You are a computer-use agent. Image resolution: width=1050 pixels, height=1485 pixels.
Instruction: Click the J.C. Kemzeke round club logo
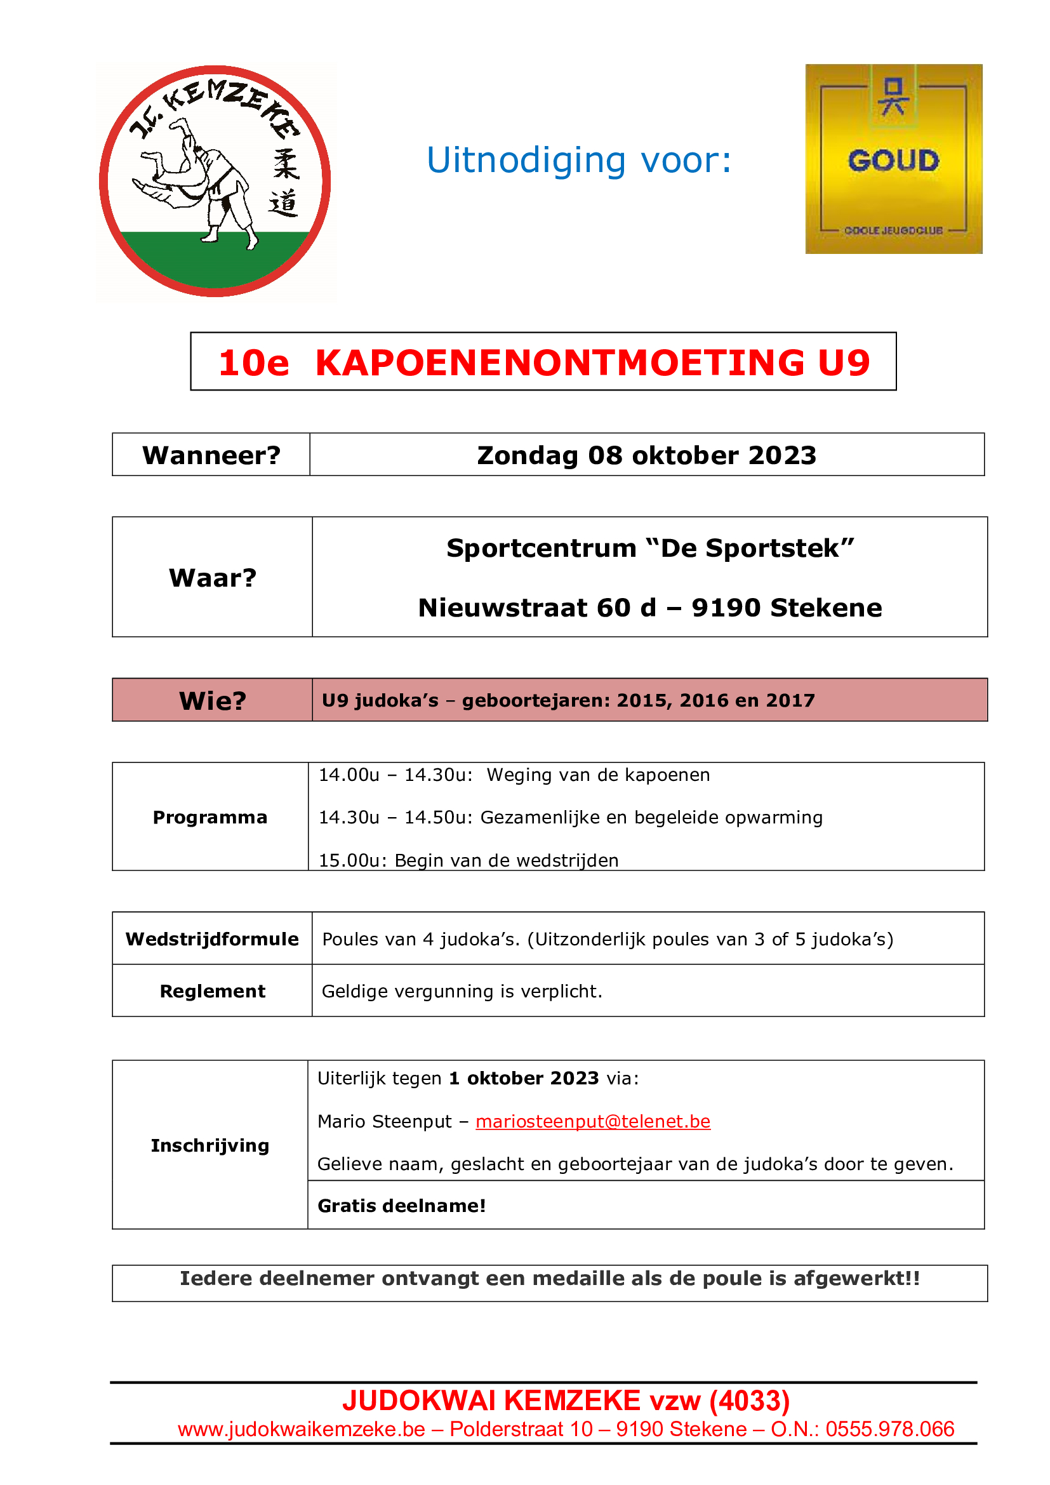(215, 181)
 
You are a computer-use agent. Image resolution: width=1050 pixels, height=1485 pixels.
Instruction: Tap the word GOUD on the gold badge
(893, 161)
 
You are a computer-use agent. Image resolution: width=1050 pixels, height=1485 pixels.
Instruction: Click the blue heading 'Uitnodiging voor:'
(579, 161)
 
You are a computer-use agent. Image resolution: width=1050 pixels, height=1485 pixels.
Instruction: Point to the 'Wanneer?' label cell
(211, 455)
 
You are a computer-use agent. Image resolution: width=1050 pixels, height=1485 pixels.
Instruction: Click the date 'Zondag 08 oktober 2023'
(646, 455)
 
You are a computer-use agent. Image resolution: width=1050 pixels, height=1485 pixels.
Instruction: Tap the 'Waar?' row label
(213, 578)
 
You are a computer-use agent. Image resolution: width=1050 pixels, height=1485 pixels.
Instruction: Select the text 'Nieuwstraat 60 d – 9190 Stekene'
(650, 608)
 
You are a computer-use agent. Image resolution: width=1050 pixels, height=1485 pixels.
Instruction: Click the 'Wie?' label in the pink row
(213, 700)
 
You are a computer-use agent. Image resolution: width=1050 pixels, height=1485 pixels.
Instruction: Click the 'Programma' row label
(210, 818)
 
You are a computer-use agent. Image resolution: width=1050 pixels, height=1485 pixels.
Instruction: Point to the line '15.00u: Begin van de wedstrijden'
(469, 860)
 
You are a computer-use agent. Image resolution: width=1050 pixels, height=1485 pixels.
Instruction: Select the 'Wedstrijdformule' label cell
(212, 939)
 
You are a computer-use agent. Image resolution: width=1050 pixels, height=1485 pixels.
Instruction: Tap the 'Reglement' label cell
(212, 992)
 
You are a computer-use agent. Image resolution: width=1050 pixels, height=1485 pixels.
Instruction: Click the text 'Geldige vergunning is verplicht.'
(462, 992)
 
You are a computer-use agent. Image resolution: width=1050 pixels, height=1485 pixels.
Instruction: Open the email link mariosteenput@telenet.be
(593, 1121)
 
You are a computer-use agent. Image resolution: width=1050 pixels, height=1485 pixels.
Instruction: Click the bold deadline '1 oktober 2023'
(524, 1079)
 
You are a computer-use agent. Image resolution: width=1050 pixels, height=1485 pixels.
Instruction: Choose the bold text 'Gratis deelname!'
(401, 1206)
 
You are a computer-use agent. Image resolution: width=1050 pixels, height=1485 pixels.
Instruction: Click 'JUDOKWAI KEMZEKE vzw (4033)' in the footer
(566, 1401)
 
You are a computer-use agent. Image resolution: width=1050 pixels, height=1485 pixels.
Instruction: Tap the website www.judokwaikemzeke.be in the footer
(302, 1429)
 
